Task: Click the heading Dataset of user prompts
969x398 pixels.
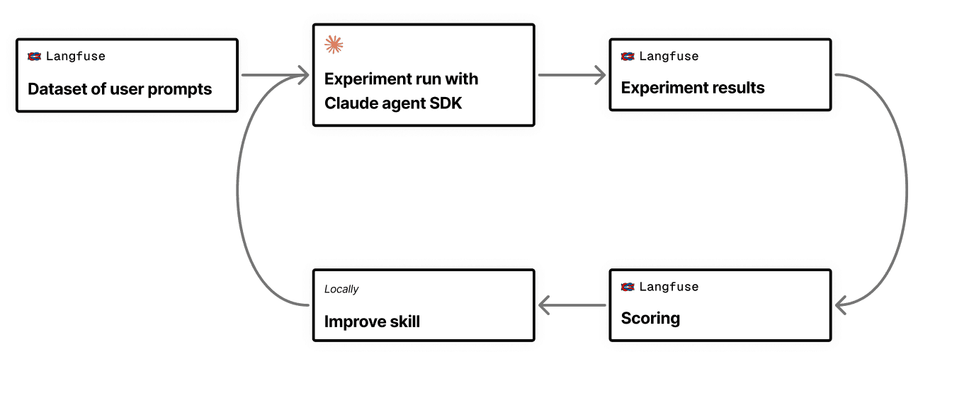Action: tap(120, 89)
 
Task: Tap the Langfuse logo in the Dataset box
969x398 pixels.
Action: tap(34, 57)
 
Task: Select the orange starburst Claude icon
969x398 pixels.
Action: tap(334, 45)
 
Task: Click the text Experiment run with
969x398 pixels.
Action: tap(401, 79)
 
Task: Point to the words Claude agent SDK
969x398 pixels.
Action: tap(393, 103)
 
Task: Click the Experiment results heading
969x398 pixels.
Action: tap(693, 88)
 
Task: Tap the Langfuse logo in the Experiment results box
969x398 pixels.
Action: tap(628, 57)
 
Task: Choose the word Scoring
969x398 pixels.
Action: tap(650, 319)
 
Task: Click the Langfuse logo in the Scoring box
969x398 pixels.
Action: tap(628, 287)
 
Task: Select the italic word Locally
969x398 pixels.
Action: tap(341, 289)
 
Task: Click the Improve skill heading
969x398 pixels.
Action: tap(372, 322)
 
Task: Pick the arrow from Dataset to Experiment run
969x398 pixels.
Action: tap(275, 74)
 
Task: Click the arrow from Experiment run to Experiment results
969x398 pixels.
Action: tap(572, 74)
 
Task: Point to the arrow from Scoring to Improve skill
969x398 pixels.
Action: tap(572, 305)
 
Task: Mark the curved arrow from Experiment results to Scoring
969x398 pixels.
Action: tap(906, 190)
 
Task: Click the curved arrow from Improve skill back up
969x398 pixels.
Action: tap(237, 190)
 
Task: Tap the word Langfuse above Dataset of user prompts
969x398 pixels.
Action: tap(76, 57)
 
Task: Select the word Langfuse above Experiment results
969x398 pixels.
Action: tap(669, 57)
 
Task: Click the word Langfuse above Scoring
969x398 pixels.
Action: tap(669, 287)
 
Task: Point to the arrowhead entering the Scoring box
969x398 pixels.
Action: tap(841, 306)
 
